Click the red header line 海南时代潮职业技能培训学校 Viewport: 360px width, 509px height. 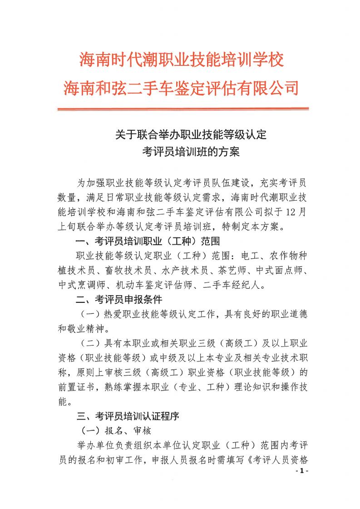(x=182, y=59)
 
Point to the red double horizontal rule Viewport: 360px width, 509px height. (x=182, y=109)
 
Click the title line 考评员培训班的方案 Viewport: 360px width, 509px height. (x=190, y=152)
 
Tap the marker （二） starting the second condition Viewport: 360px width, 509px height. (x=89, y=344)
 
